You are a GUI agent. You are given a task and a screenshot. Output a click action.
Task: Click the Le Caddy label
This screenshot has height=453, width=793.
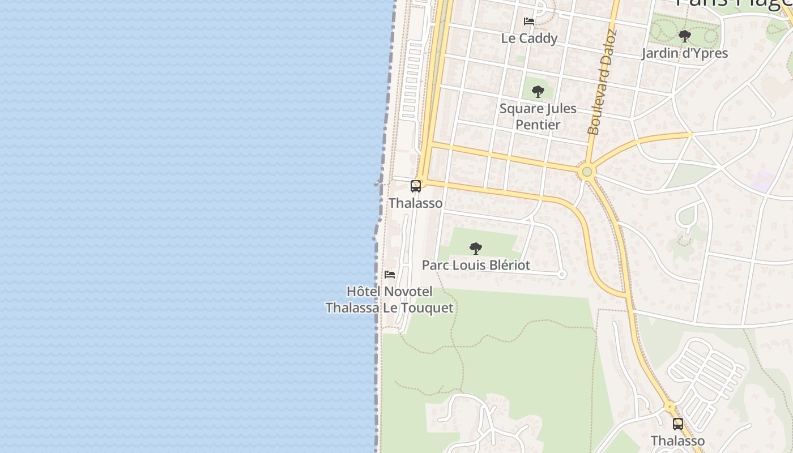tap(529, 38)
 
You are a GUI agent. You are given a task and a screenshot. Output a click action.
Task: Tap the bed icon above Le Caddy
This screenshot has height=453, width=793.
tap(529, 22)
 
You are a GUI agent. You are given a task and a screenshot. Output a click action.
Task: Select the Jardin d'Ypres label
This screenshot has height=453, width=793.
tap(684, 53)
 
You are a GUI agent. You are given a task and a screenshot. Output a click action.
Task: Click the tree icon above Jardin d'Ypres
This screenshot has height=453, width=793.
tap(684, 37)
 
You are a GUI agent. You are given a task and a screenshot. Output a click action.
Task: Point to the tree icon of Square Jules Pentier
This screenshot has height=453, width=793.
tap(538, 91)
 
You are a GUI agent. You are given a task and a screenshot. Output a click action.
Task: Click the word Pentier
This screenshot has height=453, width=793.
tap(538, 125)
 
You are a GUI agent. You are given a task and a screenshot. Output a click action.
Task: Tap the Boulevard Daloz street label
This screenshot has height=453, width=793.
tap(602, 83)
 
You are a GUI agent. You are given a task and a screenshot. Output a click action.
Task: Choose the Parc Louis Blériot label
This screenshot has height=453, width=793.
tap(476, 265)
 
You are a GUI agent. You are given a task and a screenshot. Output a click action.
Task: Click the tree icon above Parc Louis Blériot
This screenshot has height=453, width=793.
tap(476, 248)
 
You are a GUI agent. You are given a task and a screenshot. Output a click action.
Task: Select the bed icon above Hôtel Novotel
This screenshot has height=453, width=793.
tap(390, 275)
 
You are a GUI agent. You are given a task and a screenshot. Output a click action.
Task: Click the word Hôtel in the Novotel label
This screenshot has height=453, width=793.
tap(361, 292)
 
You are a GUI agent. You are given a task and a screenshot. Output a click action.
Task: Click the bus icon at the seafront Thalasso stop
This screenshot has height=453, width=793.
tap(415, 186)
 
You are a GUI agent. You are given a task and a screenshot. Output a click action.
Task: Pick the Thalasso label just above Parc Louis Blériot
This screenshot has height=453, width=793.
tap(415, 203)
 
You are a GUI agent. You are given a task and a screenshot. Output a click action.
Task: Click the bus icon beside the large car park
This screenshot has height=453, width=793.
tap(677, 424)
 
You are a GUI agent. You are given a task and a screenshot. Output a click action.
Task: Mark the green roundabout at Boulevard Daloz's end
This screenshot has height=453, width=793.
tap(587, 171)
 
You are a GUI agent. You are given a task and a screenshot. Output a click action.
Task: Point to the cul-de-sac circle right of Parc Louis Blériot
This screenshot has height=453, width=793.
tap(562, 275)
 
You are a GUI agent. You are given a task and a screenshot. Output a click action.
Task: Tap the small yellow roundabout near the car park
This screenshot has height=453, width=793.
tap(670, 407)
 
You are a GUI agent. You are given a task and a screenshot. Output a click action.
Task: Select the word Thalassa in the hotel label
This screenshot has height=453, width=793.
tap(352, 308)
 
